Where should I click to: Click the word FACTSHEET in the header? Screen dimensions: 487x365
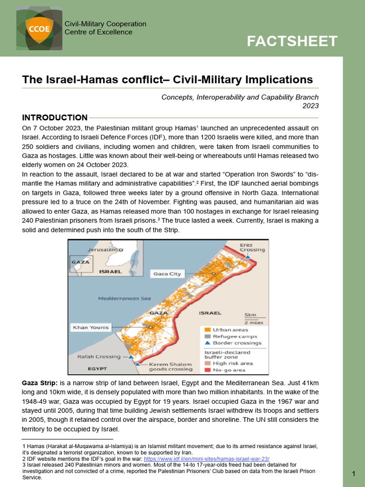292,41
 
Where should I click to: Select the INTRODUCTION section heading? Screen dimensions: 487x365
55,117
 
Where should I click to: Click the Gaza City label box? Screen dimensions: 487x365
167,274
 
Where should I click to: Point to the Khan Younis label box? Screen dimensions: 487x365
90,327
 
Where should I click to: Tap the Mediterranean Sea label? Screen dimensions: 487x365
124,299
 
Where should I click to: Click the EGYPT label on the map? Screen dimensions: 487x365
97,369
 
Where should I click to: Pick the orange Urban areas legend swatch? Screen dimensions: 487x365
208,330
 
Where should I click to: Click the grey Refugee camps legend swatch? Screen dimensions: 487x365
208,336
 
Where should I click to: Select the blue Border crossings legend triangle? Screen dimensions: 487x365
208,342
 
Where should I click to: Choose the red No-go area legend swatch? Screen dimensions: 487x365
208,369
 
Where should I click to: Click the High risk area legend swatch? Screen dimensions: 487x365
208,363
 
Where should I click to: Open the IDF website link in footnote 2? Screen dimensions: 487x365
206,459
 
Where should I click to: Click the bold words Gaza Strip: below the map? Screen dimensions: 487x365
40,383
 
